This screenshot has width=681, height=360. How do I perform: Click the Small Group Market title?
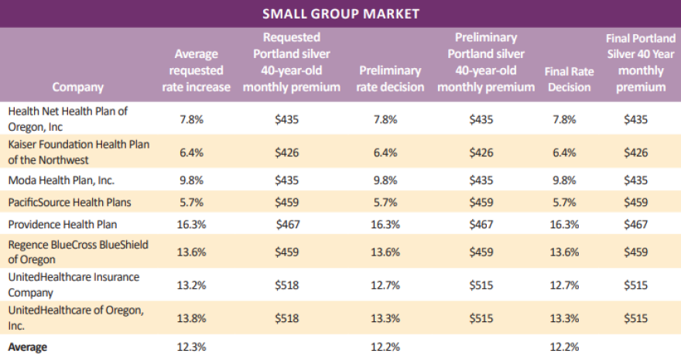coord(340,13)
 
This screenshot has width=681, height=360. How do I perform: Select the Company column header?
coord(78,87)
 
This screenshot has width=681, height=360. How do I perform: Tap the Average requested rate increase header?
coord(196,70)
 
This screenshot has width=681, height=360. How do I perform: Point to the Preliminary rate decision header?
coord(390,79)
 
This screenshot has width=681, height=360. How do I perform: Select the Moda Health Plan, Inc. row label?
coord(61,180)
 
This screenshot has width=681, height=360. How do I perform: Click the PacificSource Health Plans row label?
coord(70,202)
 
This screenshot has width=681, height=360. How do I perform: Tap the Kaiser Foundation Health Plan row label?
coord(78,152)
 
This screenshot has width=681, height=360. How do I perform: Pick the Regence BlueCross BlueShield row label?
coord(77,252)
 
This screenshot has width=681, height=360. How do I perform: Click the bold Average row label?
coord(27,346)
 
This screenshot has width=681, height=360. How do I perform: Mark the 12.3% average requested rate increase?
coord(192,346)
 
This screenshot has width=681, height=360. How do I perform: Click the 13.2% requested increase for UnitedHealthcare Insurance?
coord(192,285)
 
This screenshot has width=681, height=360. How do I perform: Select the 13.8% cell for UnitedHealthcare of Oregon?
coord(192,318)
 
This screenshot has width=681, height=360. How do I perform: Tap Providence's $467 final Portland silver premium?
coord(635,224)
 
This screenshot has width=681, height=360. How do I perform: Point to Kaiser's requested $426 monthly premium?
coord(287,152)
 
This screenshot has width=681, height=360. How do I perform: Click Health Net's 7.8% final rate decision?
coord(563,118)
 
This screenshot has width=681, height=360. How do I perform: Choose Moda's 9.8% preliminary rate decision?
coord(385,180)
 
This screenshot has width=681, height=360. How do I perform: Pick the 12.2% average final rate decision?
coord(563,346)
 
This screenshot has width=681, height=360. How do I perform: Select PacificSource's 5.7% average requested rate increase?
coord(192,202)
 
